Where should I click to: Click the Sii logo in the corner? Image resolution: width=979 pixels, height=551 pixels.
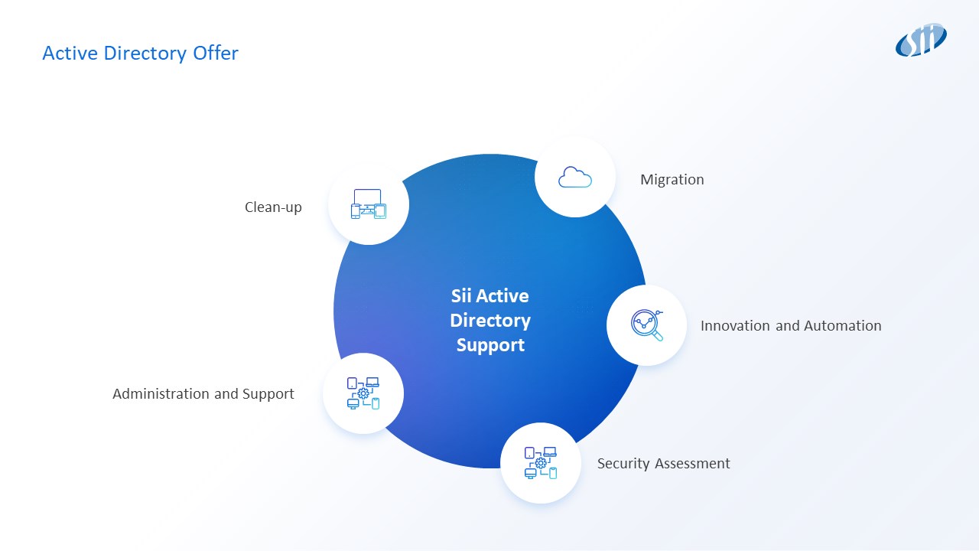tap(921, 40)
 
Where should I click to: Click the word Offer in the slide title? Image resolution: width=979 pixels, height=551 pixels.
tap(217, 54)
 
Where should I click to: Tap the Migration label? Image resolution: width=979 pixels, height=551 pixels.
tap(672, 180)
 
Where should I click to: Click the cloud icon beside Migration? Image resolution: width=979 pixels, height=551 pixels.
tap(575, 178)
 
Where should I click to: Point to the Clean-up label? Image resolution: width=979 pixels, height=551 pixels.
tap(273, 207)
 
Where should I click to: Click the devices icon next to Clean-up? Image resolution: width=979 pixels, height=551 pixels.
tap(369, 204)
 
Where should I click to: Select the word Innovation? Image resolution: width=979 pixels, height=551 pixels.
tap(735, 326)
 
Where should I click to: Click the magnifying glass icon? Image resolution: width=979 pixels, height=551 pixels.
tap(647, 325)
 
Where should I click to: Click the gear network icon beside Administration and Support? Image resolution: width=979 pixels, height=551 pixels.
tap(363, 393)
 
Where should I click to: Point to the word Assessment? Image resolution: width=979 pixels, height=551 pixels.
tap(692, 464)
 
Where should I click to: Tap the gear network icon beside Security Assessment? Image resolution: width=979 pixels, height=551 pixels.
tap(541, 463)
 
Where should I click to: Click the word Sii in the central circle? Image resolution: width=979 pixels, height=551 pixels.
tap(461, 296)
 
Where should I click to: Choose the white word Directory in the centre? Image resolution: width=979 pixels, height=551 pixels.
tap(490, 321)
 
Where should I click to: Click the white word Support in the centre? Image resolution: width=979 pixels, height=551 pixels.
tap(490, 345)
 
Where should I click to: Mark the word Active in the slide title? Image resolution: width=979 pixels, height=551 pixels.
tap(65, 54)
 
